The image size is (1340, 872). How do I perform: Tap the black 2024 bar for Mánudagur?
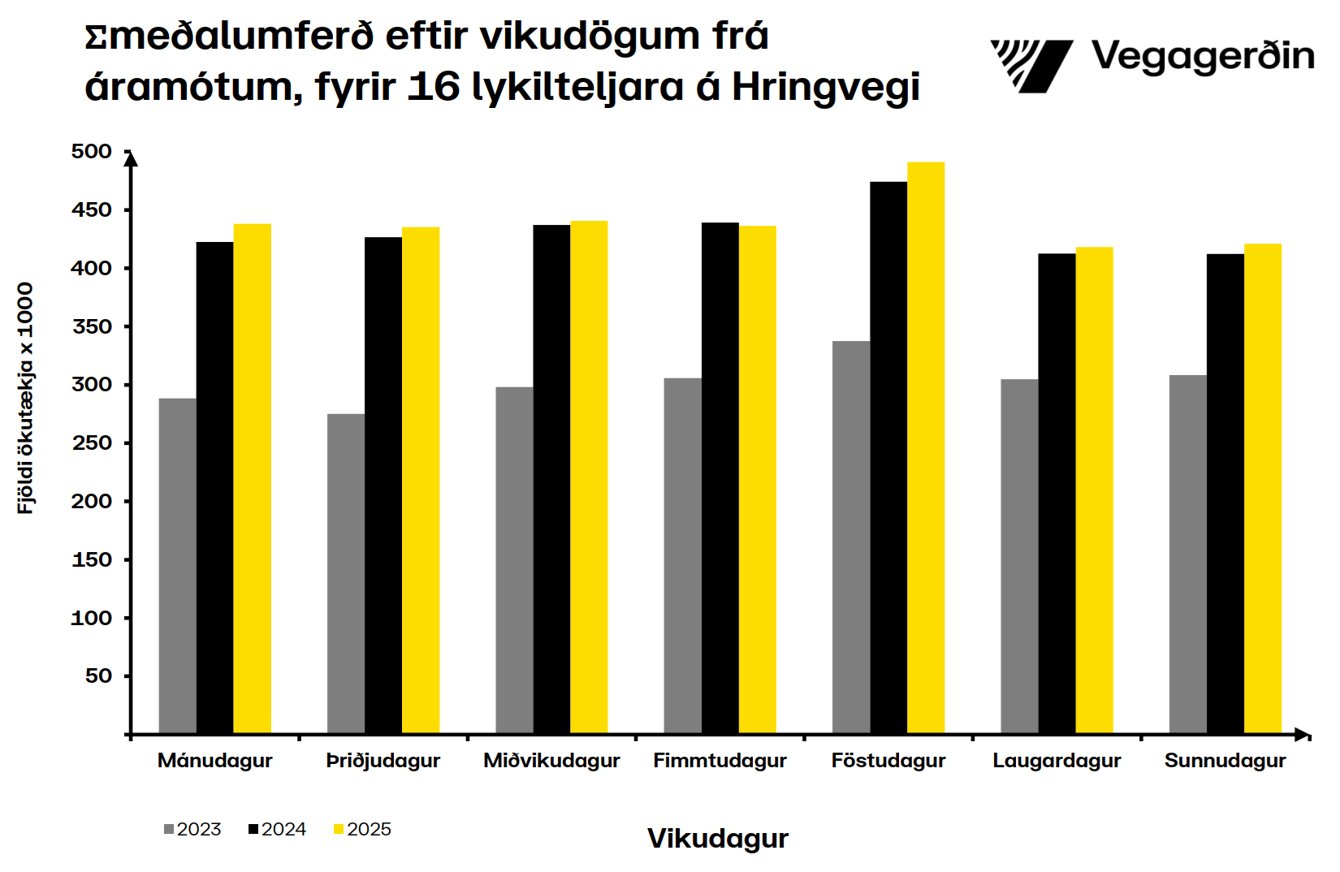pyautogui.click(x=214, y=488)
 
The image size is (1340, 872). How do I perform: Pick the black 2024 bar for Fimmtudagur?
pyautogui.click(x=720, y=478)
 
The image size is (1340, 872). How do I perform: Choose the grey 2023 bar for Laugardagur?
pyautogui.click(x=1019, y=556)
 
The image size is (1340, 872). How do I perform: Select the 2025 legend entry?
pyautogui.click(x=363, y=829)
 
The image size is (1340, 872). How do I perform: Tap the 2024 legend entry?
pyautogui.click(x=278, y=829)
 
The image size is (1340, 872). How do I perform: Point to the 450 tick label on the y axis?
pyautogui.click(x=92, y=210)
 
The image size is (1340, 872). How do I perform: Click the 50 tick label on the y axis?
pyautogui.click(x=98, y=676)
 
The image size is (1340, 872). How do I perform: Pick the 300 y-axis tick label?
pyautogui.click(x=92, y=385)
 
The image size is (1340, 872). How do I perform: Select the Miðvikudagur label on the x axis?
pyautogui.click(x=551, y=761)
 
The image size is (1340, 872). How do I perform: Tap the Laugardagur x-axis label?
pyautogui.click(x=1057, y=761)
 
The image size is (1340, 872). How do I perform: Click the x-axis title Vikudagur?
pyautogui.click(x=718, y=839)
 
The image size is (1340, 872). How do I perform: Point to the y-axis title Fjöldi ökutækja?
pyautogui.click(x=26, y=398)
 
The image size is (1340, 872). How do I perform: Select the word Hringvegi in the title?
pyautogui.click(x=826, y=88)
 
